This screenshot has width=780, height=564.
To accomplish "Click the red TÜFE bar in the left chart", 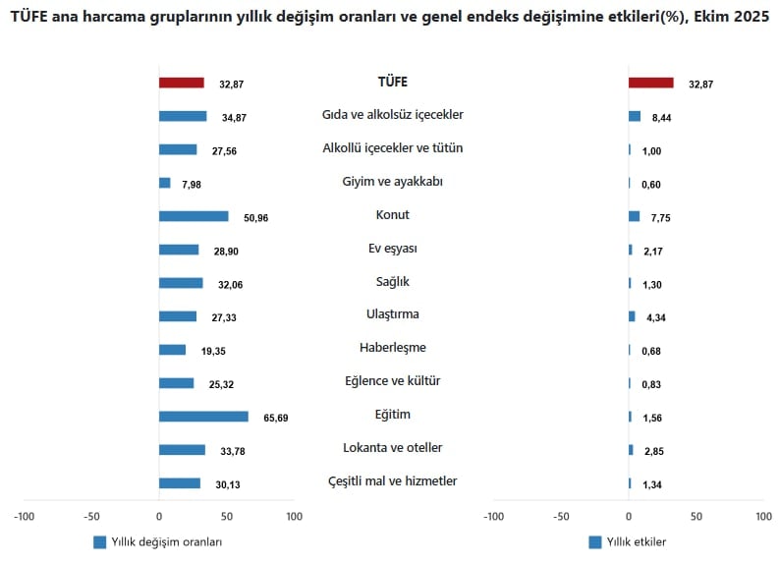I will [181, 84].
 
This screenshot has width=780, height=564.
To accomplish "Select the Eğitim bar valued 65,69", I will [203, 417].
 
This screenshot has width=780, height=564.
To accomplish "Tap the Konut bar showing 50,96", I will [194, 216].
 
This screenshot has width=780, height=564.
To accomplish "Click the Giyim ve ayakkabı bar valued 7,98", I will [164, 183].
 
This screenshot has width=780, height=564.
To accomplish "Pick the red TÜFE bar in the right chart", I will [650, 84].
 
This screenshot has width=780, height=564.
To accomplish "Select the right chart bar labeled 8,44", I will [635, 117].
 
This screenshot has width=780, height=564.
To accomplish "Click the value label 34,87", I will [235, 118].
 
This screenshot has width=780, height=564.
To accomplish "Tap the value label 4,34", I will [654, 317].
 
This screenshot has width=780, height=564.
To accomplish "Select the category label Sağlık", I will [393, 282].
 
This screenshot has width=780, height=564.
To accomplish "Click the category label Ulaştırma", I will [393, 314].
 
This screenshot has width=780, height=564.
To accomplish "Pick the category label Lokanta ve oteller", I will [393, 448].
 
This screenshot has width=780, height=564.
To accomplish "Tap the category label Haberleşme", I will [393, 348].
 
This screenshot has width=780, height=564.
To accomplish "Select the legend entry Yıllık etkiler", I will [628, 542].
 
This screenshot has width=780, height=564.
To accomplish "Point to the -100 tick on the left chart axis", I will [25, 515].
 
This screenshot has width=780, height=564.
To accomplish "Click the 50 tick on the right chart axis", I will [696, 515].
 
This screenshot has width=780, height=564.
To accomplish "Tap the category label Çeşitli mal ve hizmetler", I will [393, 481].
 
